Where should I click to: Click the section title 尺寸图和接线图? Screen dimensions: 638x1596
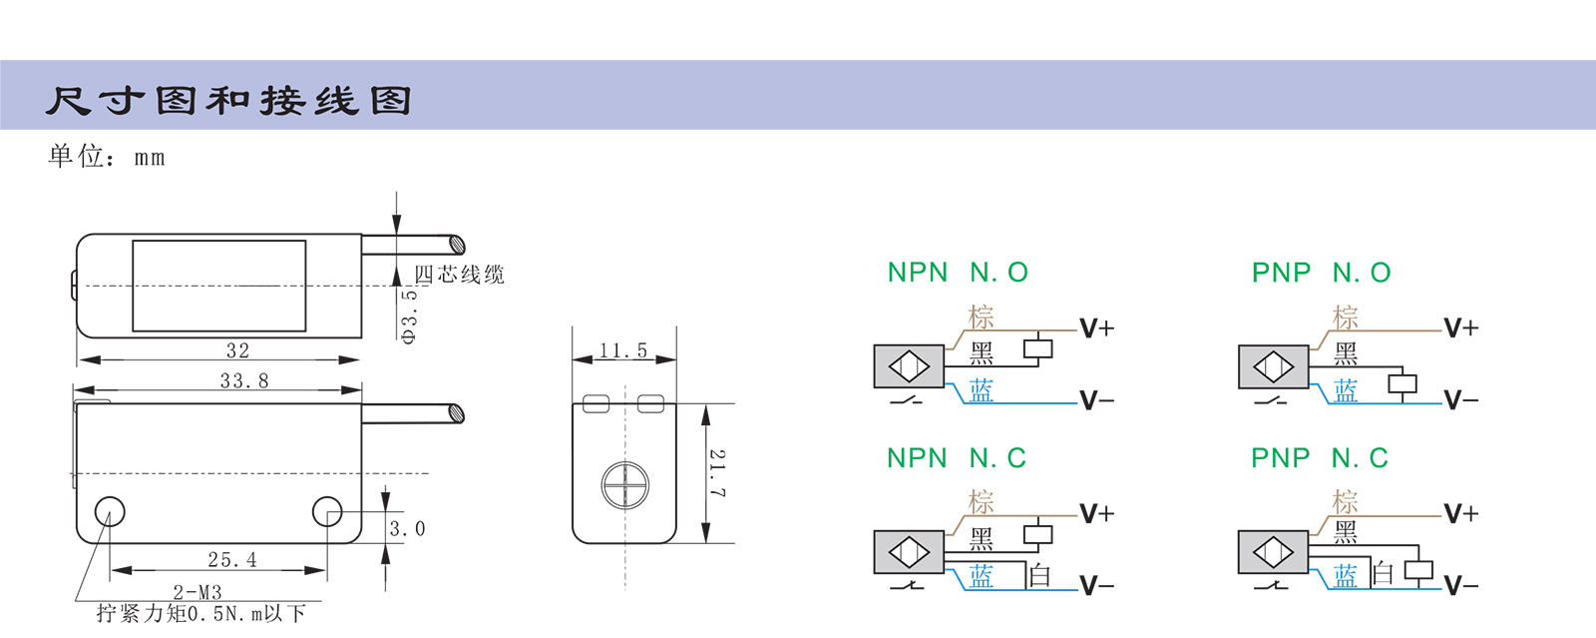(228, 101)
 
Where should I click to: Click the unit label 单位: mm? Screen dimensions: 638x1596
(107, 156)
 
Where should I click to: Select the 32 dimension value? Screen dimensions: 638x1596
(237, 350)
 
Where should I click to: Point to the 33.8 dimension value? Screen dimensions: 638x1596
(244, 380)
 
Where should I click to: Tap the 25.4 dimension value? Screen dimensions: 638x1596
(232, 560)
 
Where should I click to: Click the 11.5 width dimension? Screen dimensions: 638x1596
(623, 350)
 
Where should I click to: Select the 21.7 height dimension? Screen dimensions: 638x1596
(717, 473)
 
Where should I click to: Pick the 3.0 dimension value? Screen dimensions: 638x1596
(407, 529)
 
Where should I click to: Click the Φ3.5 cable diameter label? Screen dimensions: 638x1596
(409, 316)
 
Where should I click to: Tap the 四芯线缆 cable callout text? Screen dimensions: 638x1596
(460, 275)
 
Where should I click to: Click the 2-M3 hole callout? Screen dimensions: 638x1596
(198, 592)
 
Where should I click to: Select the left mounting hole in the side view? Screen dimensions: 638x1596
(110, 512)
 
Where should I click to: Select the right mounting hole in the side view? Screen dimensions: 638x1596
(327, 512)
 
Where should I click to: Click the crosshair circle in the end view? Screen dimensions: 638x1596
(625, 486)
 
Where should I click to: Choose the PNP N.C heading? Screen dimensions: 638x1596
(1320, 458)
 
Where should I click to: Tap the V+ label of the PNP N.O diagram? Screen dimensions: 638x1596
(1461, 327)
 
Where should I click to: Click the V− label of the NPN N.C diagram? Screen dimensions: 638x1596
(1097, 586)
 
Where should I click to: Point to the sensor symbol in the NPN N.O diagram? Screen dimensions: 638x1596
(909, 366)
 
